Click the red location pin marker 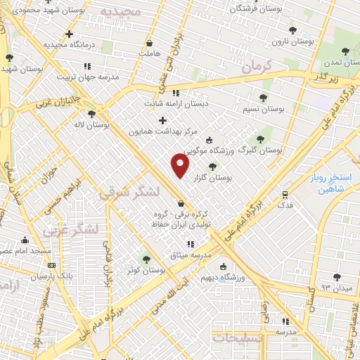click(x=181, y=165)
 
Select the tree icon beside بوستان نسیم click(x=263, y=98)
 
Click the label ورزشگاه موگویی click(x=205, y=150)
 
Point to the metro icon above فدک click(x=285, y=194)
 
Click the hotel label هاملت click(x=149, y=53)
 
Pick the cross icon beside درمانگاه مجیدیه click(x=69, y=34)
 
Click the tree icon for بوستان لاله click(x=91, y=114)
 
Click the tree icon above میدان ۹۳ click(x=337, y=277)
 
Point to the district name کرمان click(x=257, y=67)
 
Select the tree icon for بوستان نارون click(x=292, y=30)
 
